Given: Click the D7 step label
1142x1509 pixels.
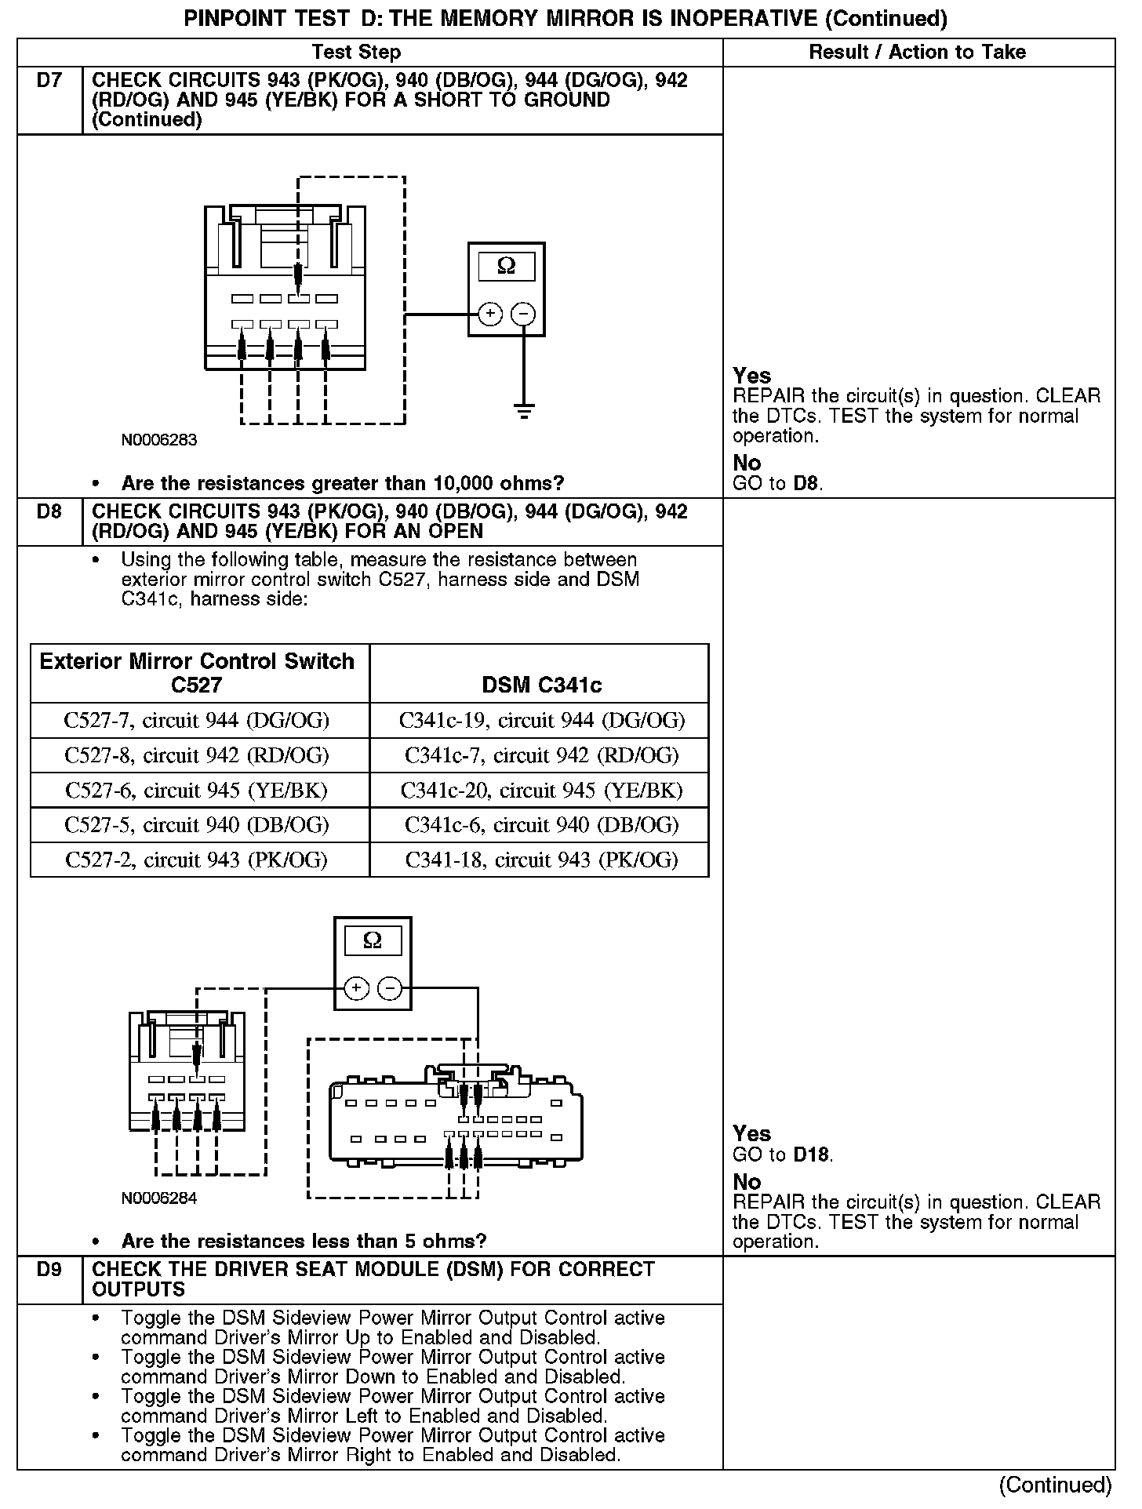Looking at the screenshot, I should tap(49, 81).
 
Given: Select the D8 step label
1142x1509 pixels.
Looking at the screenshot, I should tap(49, 512).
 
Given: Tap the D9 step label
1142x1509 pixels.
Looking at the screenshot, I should tap(49, 1270).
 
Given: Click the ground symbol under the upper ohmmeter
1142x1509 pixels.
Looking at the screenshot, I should tap(524, 409).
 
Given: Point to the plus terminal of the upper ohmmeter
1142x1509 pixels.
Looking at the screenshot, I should tap(490, 315).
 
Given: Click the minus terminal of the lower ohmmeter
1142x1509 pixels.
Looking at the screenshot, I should tap(390, 988).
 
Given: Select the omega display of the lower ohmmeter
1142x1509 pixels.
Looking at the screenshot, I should tap(373, 940).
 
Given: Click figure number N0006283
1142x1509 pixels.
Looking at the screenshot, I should tap(159, 440).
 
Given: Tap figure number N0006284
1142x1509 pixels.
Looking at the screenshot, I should tap(159, 1198).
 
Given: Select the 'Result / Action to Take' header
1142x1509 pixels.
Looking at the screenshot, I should tap(917, 53).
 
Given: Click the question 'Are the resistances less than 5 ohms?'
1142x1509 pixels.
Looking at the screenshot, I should tap(304, 1241).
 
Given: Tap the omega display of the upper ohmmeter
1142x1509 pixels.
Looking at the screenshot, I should tap(507, 267).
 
